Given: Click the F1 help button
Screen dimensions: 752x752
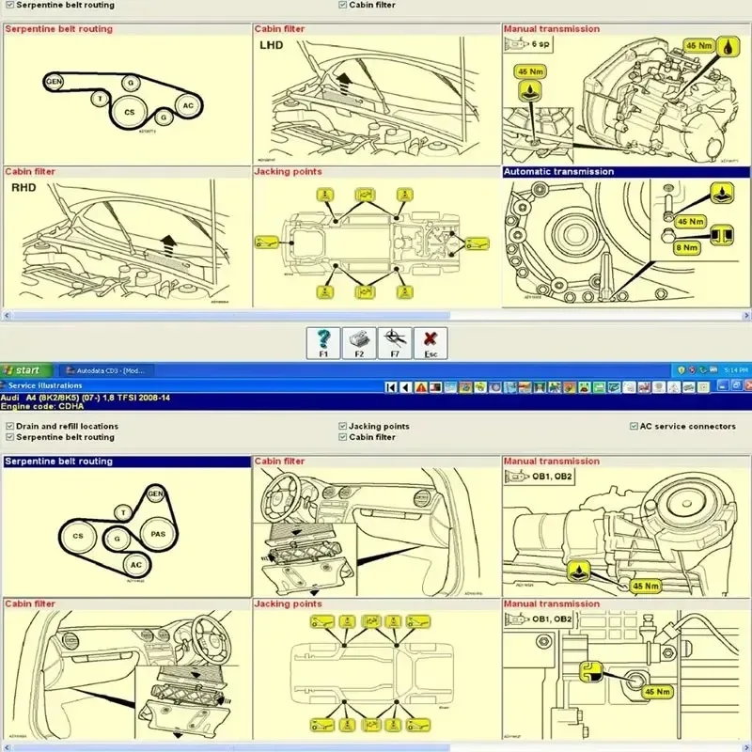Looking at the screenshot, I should (x=323, y=342).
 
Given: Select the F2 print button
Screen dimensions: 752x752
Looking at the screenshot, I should (x=359, y=342).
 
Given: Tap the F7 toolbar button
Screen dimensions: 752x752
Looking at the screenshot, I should (x=395, y=342).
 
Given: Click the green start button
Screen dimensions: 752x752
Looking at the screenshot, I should (x=23, y=370).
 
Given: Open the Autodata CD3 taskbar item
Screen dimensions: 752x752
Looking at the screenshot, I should (x=104, y=370).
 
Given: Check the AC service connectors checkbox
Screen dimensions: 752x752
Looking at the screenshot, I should (x=634, y=426).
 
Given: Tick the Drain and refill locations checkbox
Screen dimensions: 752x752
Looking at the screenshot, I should (x=9, y=426).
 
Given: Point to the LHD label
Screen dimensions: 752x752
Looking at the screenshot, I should (x=271, y=44).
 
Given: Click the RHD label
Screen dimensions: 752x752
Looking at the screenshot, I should (x=23, y=187).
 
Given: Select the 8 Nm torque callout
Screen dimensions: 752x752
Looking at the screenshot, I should (x=690, y=248).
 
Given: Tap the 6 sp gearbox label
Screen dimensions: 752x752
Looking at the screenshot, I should (x=540, y=43).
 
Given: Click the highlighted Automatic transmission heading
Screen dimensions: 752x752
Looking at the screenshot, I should (x=558, y=172).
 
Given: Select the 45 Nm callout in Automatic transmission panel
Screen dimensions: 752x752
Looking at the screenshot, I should (x=690, y=221).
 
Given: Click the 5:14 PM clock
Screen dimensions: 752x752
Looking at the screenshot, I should (x=734, y=370).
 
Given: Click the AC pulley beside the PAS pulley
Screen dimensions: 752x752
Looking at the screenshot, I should (x=136, y=564).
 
